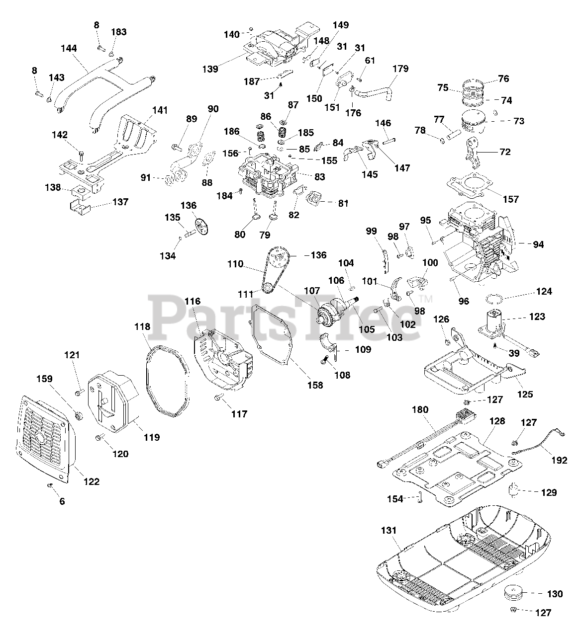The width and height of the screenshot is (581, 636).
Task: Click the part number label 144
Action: tap(69, 48)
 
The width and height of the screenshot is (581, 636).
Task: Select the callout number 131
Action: tap(389, 531)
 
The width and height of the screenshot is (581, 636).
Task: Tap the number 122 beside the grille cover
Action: tap(92, 481)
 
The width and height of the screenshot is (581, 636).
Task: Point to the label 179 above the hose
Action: tap(400, 69)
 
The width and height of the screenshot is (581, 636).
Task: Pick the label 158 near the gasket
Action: tap(315, 385)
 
